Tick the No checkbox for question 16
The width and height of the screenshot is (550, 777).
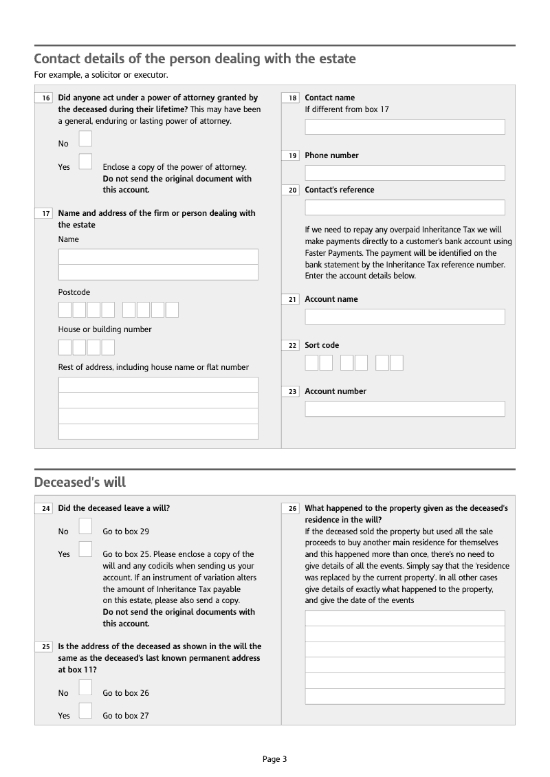pyautogui.click(x=85, y=139)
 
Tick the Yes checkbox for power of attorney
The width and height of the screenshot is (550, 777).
pyautogui.click(x=85, y=162)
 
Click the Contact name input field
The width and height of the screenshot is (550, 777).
pyautogui.click(x=404, y=127)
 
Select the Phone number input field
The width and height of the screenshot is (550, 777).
pyautogui.click(x=404, y=173)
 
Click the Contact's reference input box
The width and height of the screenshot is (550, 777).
pyautogui.click(x=404, y=207)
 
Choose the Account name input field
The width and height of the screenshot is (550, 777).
pyautogui.click(x=404, y=316)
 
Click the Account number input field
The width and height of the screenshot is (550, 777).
pyautogui.click(x=404, y=408)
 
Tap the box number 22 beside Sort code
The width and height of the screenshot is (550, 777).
pyautogui.click(x=293, y=345)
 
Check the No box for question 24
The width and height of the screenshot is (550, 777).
pyautogui.click(x=85, y=526)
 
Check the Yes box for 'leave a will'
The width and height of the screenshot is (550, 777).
pyautogui.click(x=85, y=549)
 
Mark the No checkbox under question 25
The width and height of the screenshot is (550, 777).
pyautogui.click(x=85, y=688)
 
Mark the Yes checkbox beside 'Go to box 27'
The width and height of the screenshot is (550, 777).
pyautogui.click(x=85, y=710)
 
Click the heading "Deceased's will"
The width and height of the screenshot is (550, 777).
pyautogui.click(x=80, y=482)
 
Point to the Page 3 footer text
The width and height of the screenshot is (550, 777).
pyautogui.click(x=274, y=759)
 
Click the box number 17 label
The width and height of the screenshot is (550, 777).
pyautogui.click(x=46, y=213)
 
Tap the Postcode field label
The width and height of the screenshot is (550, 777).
pyautogui.click(x=74, y=292)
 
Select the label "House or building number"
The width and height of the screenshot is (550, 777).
pyautogui.click(x=104, y=329)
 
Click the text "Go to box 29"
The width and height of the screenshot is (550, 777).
pyautogui.click(x=126, y=532)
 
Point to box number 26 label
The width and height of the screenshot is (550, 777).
pyautogui.click(x=293, y=509)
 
